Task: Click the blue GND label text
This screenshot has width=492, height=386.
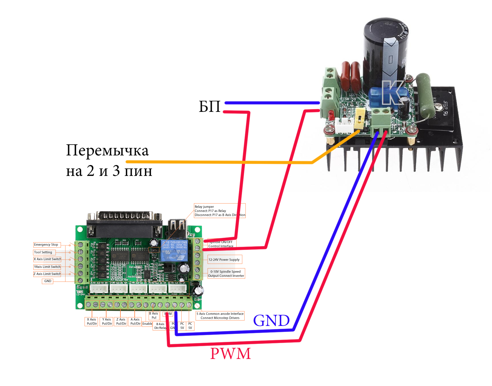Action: (271, 321)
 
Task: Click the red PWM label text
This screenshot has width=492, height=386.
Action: (230, 354)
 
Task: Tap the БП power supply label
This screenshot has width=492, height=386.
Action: (210, 107)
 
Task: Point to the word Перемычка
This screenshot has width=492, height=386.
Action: (107, 151)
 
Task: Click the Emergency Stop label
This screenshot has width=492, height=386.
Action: (46, 245)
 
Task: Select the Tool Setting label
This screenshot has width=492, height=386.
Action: (43, 252)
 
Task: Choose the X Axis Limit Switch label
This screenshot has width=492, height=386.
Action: (47, 259)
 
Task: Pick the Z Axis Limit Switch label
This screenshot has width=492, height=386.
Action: (47, 274)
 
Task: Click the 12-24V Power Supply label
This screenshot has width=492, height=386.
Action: (224, 260)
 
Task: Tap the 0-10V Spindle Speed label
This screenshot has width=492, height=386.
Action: (226, 274)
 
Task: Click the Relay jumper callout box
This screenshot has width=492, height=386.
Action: (220, 211)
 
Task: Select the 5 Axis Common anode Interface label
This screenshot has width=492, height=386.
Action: (220, 316)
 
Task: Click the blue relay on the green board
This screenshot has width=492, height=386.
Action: (173, 250)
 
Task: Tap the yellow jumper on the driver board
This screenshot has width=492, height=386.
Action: (359, 117)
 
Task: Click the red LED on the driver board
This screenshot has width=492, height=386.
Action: (331, 115)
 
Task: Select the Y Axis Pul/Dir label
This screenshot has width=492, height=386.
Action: (107, 322)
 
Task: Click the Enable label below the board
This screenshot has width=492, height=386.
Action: (147, 324)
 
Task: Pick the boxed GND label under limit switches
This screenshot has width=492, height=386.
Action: (48, 281)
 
